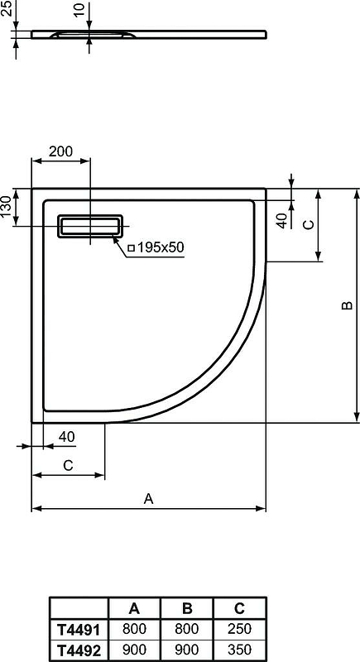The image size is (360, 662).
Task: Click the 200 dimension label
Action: coord(60,151)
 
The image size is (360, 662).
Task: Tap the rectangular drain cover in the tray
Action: coord(89,226)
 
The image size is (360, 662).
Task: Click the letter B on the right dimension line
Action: coord(347,306)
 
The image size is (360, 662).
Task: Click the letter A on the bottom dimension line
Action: coord(148,498)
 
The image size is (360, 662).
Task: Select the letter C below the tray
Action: coord(68,466)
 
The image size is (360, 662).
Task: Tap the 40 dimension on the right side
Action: coord(281,220)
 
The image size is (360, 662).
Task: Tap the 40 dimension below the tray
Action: coord(67,436)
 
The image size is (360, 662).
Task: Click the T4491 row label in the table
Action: coord(79,630)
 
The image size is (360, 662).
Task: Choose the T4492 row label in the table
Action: coord(79,650)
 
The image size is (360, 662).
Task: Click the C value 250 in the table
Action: coord(239,630)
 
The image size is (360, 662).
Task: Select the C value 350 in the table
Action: coord(239,650)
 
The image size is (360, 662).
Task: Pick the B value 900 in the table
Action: coord(186,650)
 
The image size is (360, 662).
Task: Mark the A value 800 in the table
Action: coord(134,630)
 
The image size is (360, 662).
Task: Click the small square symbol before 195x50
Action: coord(130,247)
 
